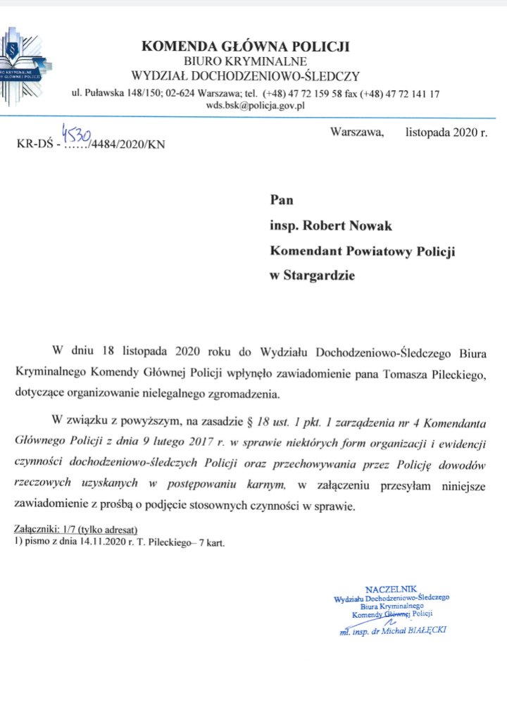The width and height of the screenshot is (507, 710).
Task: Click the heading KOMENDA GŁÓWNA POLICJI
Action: (246, 47)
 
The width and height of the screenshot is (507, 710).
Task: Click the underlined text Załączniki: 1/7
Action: (44, 528)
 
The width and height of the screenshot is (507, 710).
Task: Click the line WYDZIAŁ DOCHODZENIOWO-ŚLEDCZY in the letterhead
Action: (246, 76)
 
